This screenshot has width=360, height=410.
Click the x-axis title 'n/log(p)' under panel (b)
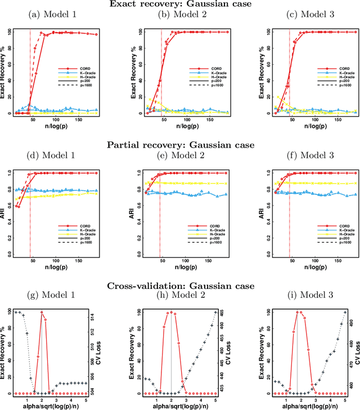pos(178,127)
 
